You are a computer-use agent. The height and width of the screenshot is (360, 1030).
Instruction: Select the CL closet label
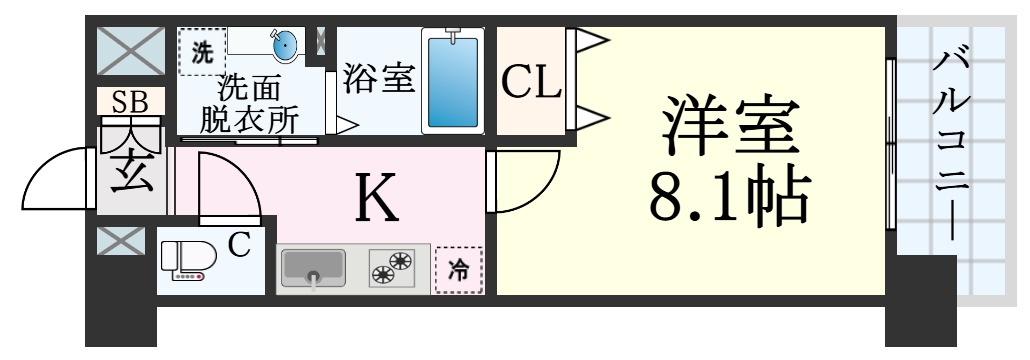[531, 83]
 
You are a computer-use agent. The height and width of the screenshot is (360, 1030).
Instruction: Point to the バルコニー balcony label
[949, 140]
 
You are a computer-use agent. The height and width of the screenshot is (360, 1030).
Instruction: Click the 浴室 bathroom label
[378, 79]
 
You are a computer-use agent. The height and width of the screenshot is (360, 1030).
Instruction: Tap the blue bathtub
[452, 80]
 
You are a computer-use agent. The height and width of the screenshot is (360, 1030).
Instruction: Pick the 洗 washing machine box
[203, 51]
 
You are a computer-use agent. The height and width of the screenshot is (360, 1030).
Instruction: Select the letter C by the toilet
[239, 244]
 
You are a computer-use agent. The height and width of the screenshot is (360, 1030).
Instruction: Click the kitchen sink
[312, 267]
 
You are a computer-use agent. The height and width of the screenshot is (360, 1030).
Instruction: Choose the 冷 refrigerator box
[459, 268]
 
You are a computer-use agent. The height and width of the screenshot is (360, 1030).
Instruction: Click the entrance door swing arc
[60, 180]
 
